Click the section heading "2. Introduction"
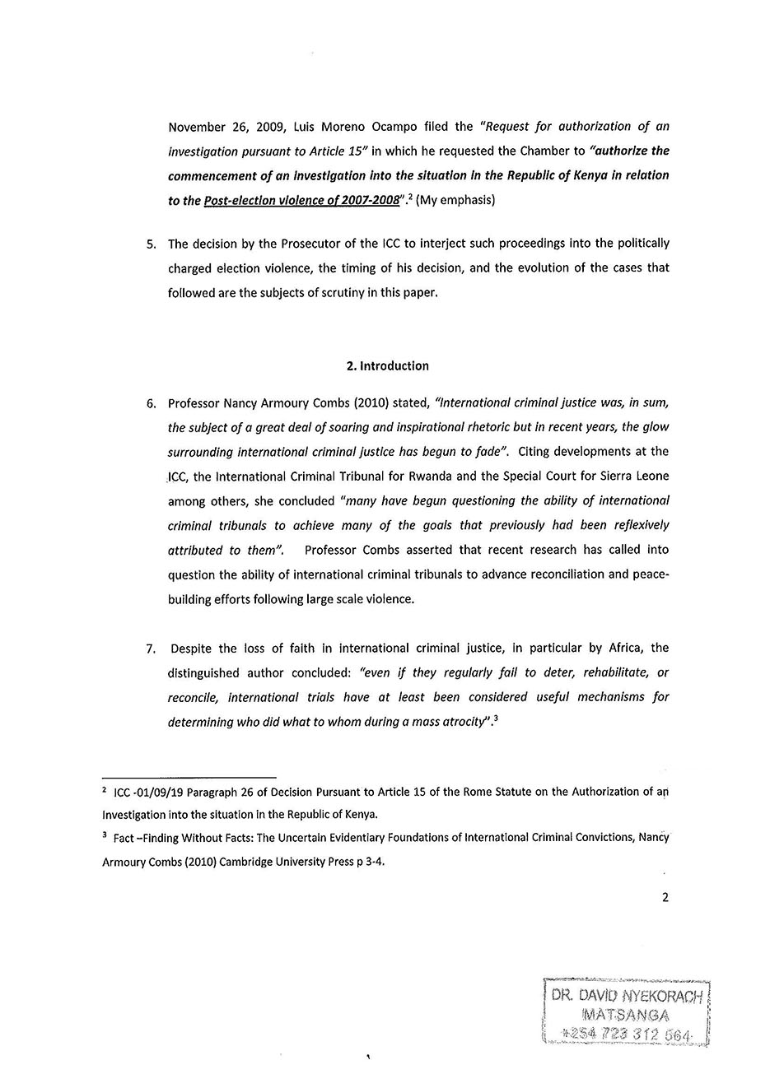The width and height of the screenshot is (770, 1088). (387, 366)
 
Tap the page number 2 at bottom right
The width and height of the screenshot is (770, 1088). (665, 897)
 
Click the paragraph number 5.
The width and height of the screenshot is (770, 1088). (150, 244)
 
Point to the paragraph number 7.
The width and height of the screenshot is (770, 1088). (151, 649)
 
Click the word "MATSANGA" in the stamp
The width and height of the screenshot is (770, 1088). (625, 1015)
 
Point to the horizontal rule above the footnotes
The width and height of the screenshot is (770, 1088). (189, 777)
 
